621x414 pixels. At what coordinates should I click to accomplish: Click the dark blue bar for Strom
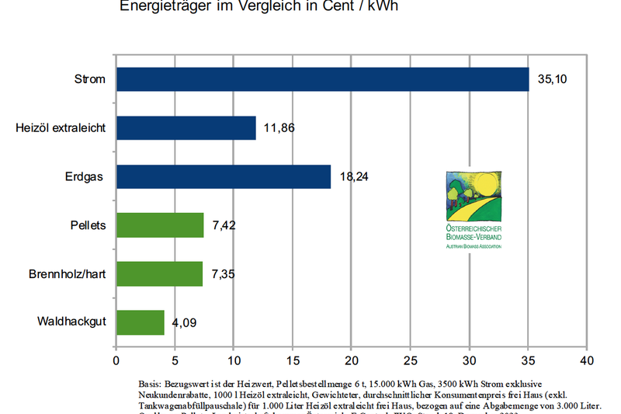[322, 79]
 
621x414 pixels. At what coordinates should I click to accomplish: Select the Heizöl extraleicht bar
[186, 127]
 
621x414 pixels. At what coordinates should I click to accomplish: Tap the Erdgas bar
[224, 176]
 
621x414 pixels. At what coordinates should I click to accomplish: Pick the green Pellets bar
[160, 225]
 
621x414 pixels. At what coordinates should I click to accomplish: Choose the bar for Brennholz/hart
[159, 273]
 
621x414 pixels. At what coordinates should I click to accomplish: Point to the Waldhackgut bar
[141, 322]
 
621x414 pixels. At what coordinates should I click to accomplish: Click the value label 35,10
[552, 79]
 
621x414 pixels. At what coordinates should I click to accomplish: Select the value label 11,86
[280, 127]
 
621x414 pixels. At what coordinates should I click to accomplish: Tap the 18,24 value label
[354, 176]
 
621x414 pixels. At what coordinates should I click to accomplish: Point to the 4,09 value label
[185, 323]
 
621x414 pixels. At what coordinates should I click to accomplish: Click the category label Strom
[89, 79]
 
